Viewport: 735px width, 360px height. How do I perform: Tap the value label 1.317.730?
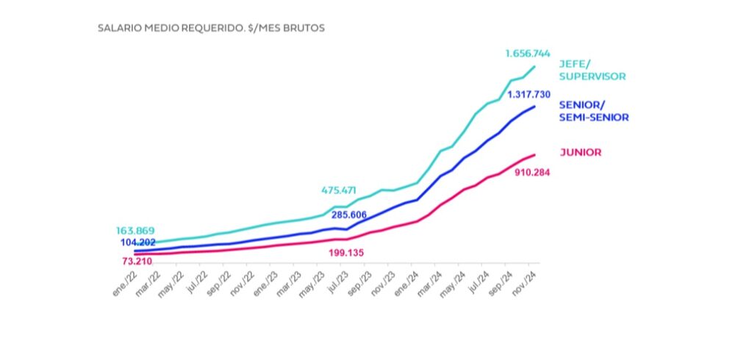(x=524, y=94)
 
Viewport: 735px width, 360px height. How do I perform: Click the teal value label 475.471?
(x=344, y=191)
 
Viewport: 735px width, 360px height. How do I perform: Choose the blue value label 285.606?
(x=355, y=215)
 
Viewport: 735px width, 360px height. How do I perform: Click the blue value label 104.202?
(x=143, y=242)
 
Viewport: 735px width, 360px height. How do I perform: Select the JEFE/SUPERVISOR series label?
(x=592, y=70)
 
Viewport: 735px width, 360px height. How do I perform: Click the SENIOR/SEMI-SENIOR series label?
(x=594, y=110)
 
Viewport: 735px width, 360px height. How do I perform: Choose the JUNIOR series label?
(x=581, y=153)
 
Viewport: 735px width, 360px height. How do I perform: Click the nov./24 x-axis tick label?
(x=524, y=281)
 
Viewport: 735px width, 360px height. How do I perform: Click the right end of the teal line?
(x=534, y=67)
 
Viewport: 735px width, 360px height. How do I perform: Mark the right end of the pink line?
(x=534, y=155)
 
